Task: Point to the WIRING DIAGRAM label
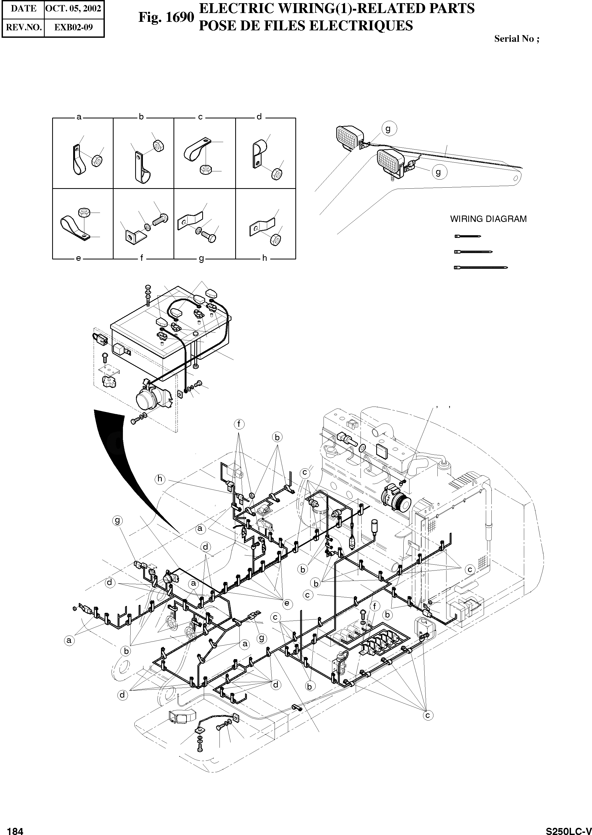pyautogui.click(x=488, y=219)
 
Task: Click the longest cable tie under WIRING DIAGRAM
pyautogui.click(x=481, y=267)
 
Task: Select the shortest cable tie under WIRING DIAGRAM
pyautogui.click(x=468, y=237)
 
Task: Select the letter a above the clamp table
pyautogui.click(x=79, y=117)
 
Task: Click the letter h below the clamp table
pyautogui.click(x=265, y=258)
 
